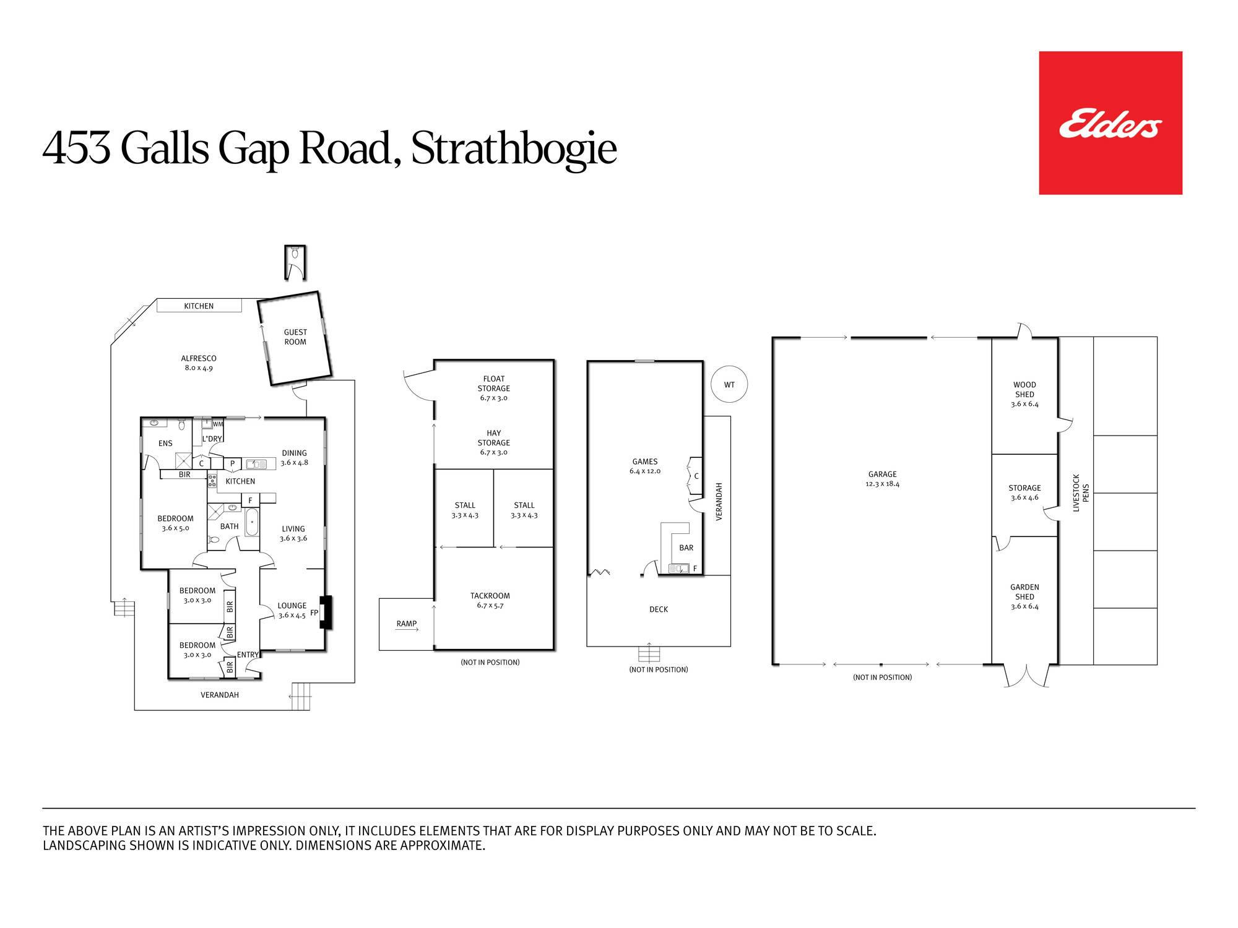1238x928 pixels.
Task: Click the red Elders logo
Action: (1110, 123)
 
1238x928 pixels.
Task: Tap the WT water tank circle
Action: (729, 385)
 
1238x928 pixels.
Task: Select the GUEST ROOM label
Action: (295, 337)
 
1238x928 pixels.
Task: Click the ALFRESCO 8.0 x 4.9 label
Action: (199, 363)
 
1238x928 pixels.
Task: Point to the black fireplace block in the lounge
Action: (326, 612)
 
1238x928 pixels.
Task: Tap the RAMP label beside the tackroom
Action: (407, 624)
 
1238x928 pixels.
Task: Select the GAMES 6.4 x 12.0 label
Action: (645, 466)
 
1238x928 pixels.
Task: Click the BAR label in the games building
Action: (686, 548)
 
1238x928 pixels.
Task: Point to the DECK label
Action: (659, 609)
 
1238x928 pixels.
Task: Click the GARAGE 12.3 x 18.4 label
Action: (882, 479)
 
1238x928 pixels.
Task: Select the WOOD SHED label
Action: (1024, 389)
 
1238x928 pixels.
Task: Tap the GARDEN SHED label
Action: (1024, 592)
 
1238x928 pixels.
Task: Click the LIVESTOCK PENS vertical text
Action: (1081, 493)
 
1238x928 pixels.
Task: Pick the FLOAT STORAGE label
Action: (493, 384)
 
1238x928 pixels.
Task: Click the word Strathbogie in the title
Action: (514, 149)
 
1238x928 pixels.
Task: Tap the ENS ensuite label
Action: (165, 444)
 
